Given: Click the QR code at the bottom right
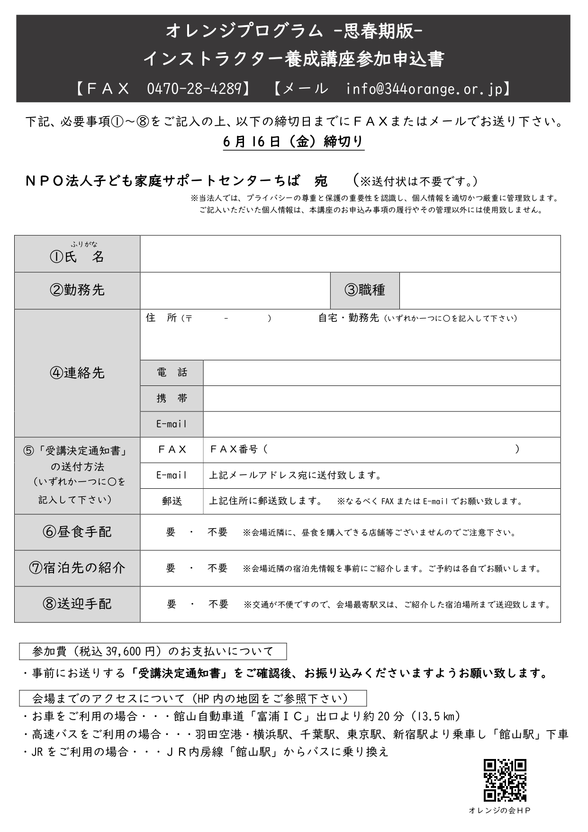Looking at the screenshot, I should pyautogui.click(x=505, y=780).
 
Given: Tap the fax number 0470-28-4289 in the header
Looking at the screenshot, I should pyautogui.click(x=194, y=89).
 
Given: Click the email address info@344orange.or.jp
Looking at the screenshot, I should pyautogui.click(x=424, y=89).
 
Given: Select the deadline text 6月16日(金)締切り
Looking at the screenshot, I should pyautogui.click(x=293, y=142).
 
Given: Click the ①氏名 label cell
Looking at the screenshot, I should pyautogui.click(x=77, y=254).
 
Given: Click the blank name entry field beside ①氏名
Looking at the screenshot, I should pyautogui.click(x=350, y=254).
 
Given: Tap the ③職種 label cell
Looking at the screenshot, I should pyautogui.click(x=365, y=291).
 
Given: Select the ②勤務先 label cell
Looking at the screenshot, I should pyautogui.click(x=77, y=291).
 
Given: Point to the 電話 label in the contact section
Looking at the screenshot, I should pyautogui.click(x=172, y=373).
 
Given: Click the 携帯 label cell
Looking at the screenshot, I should pyautogui.click(x=172, y=399).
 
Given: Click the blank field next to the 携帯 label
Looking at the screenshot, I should pyautogui.click(x=381, y=399).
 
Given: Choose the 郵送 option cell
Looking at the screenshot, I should pyautogui.click(x=172, y=502).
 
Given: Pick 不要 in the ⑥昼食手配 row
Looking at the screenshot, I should pyautogui.click(x=217, y=532).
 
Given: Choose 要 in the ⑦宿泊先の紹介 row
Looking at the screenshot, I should pyautogui.click(x=171, y=568).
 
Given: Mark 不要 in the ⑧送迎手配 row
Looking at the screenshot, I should pyautogui.click(x=218, y=604).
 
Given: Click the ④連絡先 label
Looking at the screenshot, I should pyautogui.click(x=77, y=373).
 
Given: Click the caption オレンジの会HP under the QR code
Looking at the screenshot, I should pyautogui.click(x=499, y=811).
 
